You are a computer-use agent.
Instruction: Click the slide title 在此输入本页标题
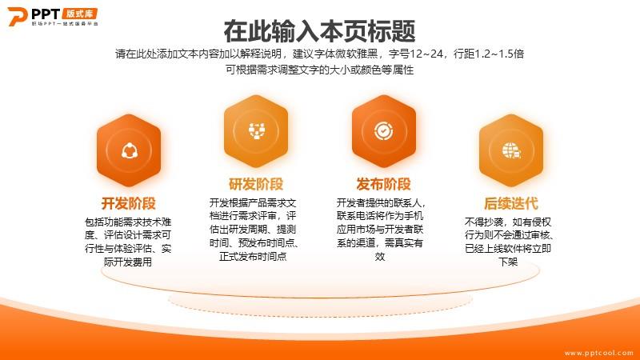319,31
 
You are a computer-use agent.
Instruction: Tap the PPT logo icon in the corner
18,16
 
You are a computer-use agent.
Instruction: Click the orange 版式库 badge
80,14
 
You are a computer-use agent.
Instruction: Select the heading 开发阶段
129,203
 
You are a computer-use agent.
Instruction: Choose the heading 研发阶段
256,184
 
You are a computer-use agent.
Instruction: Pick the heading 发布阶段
383,184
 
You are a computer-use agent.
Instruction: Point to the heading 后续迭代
510,203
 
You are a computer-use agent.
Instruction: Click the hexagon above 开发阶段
129,150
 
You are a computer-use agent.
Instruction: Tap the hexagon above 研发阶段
256,131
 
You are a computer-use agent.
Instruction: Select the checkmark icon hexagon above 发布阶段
384,131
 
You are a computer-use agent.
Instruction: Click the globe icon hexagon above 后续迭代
511,150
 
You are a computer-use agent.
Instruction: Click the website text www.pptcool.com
598,353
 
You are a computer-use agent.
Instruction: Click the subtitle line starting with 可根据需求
319,70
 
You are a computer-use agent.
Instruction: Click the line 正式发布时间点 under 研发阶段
253,256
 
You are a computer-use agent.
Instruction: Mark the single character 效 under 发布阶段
380,256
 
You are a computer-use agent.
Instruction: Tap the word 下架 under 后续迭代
508,262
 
